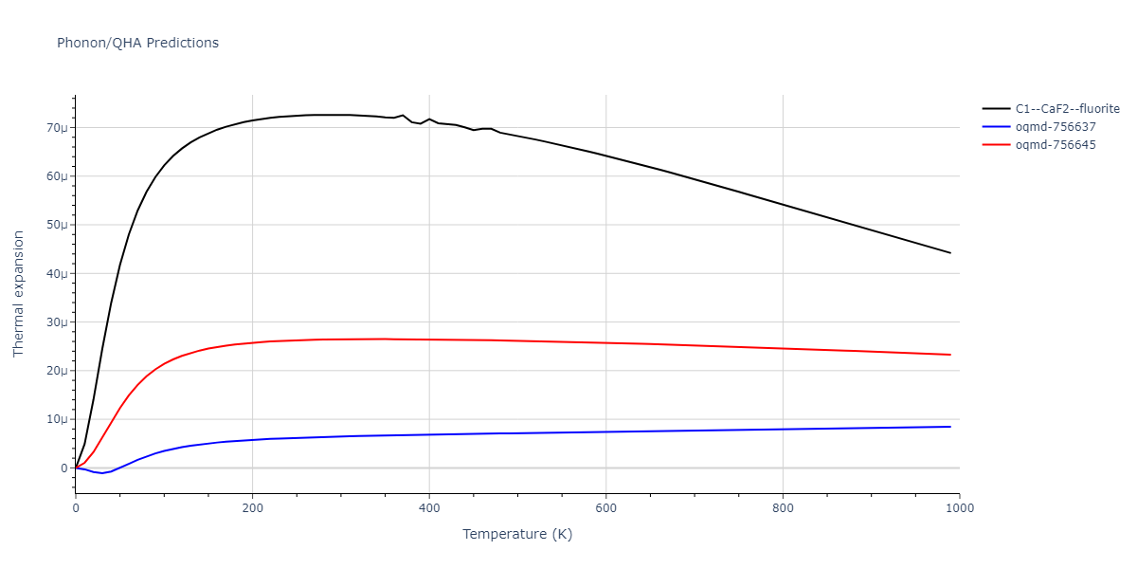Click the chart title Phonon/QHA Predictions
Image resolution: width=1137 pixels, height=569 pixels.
coord(137,43)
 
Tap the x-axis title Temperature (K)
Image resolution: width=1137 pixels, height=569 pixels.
coord(517,534)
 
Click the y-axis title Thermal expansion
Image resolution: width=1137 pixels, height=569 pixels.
coord(19,294)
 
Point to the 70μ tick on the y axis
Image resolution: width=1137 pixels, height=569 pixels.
coord(58,128)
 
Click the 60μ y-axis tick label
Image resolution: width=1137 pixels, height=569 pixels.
coord(58,176)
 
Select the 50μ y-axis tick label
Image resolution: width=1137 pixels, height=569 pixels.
coord(58,225)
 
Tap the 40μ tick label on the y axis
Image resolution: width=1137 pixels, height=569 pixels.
coord(58,274)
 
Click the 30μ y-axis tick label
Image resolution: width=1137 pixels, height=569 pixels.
coord(58,322)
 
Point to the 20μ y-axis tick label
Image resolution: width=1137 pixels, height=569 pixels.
coord(58,371)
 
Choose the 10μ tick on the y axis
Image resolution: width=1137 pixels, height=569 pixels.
coord(58,419)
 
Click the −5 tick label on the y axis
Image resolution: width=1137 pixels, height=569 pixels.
coord(63,492)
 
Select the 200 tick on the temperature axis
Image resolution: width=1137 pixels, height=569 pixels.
coord(252,507)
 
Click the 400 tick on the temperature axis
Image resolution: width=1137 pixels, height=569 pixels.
coord(429,507)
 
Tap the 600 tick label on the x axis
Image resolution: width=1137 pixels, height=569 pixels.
coord(606,507)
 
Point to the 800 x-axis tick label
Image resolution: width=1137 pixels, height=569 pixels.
coord(783,507)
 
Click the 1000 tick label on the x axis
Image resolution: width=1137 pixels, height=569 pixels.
coord(960,507)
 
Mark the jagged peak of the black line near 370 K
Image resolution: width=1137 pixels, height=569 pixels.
coord(403,116)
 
